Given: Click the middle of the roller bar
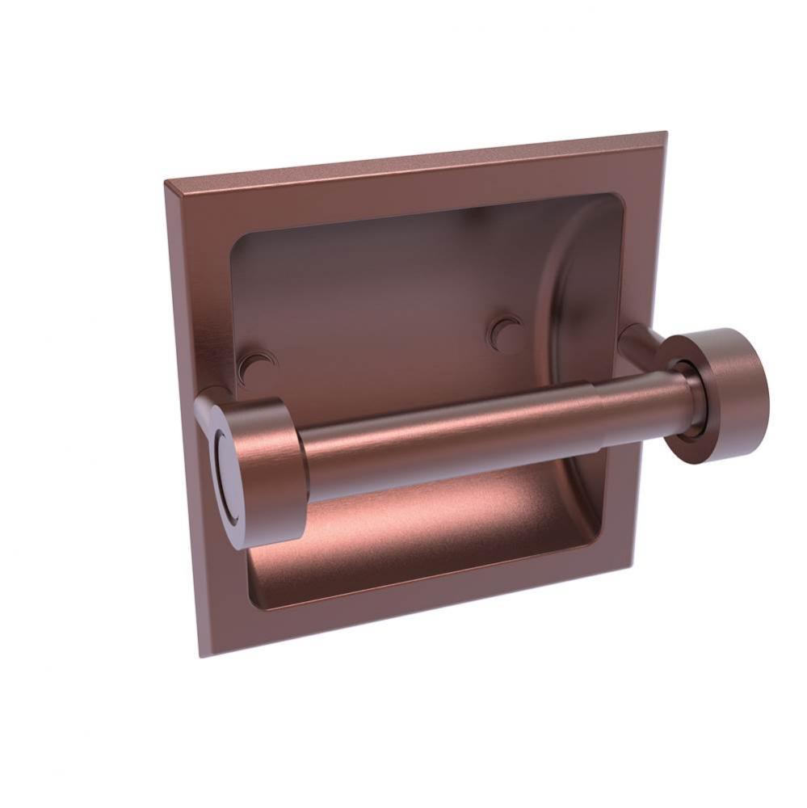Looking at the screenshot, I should point(452,440).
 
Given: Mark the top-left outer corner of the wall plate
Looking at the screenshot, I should point(165,183).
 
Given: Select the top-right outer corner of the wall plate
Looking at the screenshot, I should point(666,133).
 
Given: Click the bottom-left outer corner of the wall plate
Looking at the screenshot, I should point(200,655).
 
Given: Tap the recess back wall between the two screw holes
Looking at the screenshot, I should point(380,339).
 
